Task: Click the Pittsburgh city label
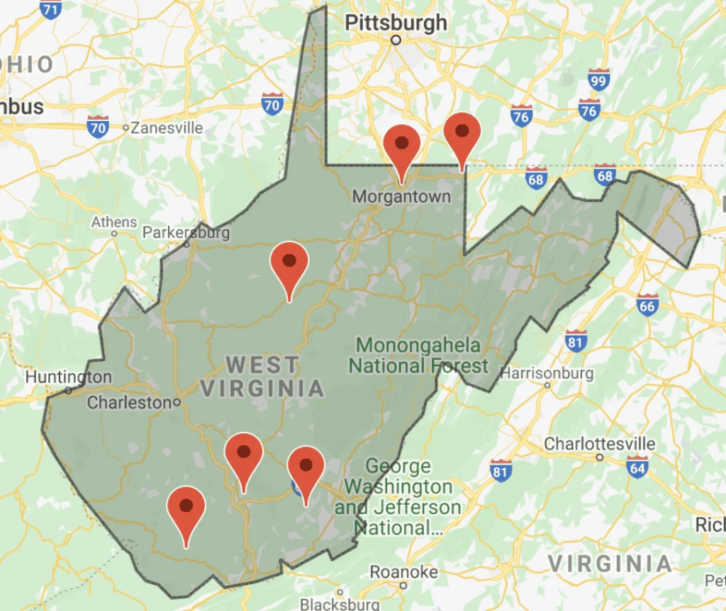[396, 23]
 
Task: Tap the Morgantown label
[401, 196]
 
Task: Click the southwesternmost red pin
[186, 508]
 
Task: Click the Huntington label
[69, 377]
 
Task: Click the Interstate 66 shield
[647, 305]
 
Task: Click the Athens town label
[114, 222]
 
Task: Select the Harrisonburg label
[547, 372]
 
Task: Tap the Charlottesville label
[600, 444]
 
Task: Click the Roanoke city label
[403, 571]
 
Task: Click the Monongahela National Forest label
[423, 355]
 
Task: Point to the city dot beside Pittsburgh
[396, 40]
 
